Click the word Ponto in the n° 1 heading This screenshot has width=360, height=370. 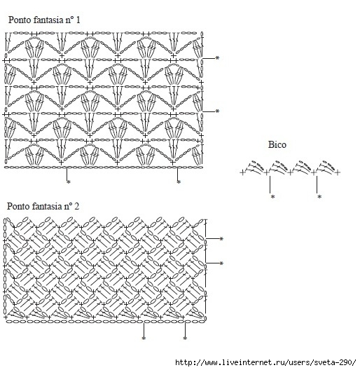pos(20,20)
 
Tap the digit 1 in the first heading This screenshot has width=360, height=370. pos(78,20)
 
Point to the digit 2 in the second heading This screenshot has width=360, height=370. pos(76,207)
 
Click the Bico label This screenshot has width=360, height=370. pos(277,144)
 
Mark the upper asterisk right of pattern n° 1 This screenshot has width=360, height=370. pos(217,57)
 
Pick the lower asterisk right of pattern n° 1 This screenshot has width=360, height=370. pos(217,111)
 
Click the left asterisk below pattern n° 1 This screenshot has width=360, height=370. pos(69,182)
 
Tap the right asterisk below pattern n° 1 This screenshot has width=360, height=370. pos(179,182)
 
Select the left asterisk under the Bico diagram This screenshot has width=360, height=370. pos(272,196)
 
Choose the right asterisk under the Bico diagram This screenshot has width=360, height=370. pos(319,196)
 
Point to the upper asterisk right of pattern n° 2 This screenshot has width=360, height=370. pos(221,239)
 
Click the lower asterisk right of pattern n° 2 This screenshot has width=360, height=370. pos(221,263)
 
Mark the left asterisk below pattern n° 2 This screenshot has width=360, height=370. pos(144,338)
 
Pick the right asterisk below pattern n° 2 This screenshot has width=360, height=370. pos(185,338)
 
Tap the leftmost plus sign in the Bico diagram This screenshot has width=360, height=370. pos(242,172)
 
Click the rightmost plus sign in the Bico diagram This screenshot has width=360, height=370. pos(338,172)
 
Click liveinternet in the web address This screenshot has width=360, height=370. pos(248,362)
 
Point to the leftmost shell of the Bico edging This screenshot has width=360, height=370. pos(254,167)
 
